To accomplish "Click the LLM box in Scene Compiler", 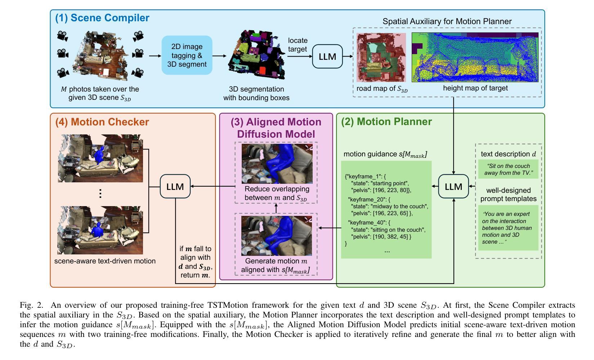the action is tap(327, 57).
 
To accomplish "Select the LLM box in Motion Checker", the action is tap(175, 186).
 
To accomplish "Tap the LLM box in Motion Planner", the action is tap(454, 186).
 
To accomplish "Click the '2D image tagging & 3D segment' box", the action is tap(187, 55).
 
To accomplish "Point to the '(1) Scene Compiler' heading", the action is tap(102, 18).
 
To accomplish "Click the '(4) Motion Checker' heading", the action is tap(102, 122).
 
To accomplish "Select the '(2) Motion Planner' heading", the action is tap(387, 121).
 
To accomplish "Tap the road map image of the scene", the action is tap(381, 57).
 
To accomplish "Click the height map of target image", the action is tap(475, 57).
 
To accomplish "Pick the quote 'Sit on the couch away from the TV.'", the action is tap(508, 169).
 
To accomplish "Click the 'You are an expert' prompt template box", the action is tap(508, 228).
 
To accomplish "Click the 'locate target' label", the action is tap(298, 45).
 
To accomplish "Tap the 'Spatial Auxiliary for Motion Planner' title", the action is tap(447, 21).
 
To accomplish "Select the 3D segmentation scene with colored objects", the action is tap(256, 55).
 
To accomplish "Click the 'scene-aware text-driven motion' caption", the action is tap(105, 261).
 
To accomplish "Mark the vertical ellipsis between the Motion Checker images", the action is tap(100, 194).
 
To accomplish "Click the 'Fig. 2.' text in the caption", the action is tap(31, 305).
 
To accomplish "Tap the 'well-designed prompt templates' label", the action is tap(508, 194).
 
